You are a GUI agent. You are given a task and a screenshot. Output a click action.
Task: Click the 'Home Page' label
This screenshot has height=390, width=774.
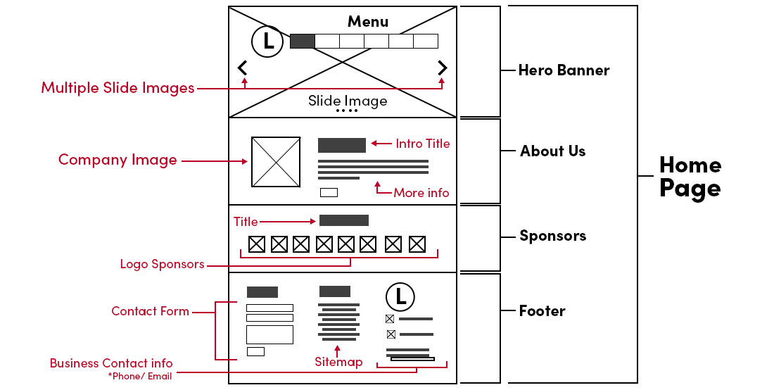[690, 177]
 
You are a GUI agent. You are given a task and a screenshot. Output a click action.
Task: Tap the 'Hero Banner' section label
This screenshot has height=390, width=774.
[564, 70]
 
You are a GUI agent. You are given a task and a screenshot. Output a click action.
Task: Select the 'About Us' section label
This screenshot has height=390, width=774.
[552, 151]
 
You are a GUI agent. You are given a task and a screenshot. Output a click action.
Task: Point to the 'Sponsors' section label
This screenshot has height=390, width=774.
[552, 236]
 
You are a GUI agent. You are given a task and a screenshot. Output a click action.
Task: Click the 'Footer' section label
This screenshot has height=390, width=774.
[542, 311]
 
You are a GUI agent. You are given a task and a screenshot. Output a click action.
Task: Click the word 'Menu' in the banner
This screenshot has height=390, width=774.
[368, 22]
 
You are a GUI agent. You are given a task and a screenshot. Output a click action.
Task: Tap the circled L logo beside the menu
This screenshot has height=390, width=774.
[267, 41]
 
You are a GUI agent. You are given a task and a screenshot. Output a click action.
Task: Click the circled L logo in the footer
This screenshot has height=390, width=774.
[400, 296]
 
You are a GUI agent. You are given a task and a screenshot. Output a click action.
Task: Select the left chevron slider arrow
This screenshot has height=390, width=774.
[243, 68]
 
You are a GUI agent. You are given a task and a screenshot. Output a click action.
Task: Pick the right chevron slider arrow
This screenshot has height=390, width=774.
[442, 68]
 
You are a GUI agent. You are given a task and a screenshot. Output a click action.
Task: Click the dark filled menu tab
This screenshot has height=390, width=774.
[302, 41]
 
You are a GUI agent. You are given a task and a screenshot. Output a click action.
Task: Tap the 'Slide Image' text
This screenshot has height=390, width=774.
[348, 101]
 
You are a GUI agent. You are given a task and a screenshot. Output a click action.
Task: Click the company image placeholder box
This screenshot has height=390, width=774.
[276, 162]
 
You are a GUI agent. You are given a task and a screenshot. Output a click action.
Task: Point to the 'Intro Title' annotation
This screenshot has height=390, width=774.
[422, 144]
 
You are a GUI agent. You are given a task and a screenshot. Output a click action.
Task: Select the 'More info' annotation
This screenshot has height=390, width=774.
[421, 193]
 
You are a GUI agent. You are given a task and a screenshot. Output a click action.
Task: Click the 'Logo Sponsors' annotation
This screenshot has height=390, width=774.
[162, 265]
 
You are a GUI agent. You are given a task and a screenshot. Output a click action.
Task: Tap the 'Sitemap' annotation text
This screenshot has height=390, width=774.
[338, 362]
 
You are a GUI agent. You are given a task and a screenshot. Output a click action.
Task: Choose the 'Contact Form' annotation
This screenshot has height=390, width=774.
[150, 311]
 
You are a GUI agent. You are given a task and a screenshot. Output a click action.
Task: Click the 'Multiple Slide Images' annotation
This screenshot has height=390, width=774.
[118, 88]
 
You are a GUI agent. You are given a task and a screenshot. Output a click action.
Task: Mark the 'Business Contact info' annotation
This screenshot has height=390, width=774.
[111, 363]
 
